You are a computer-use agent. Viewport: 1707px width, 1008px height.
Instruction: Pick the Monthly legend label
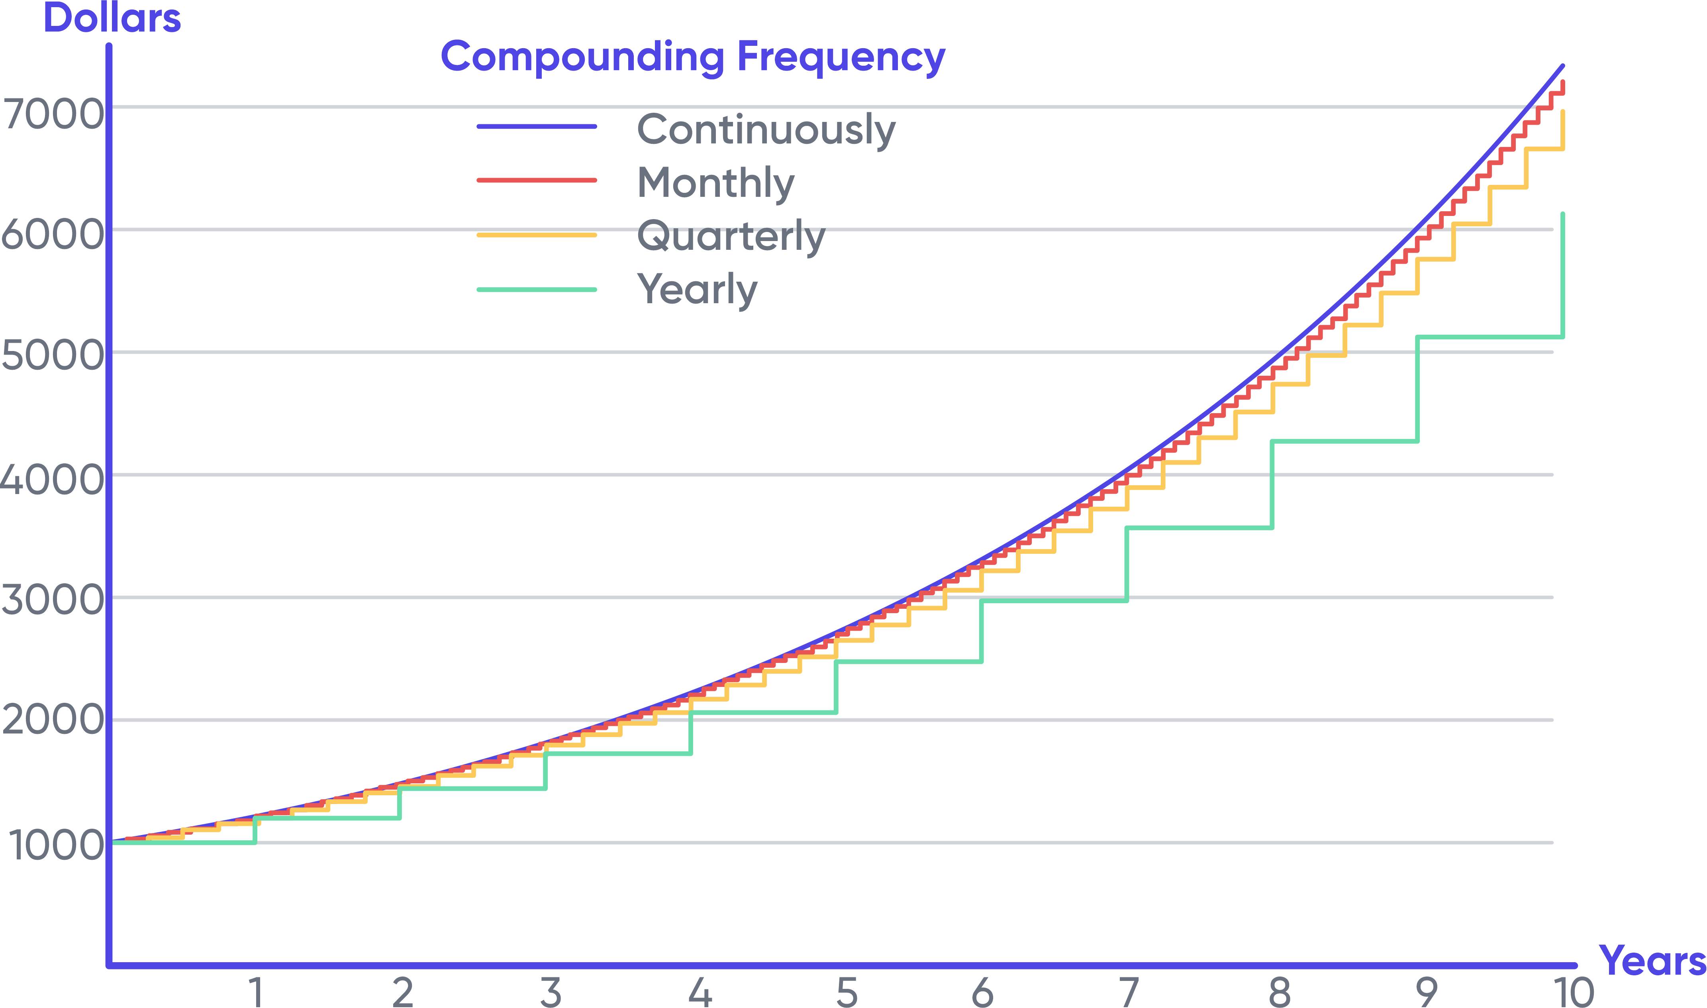tap(715, 183)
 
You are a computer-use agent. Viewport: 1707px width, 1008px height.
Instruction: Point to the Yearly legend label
tap(697, 289)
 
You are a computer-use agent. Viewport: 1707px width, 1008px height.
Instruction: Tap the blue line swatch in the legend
tap(537, 126)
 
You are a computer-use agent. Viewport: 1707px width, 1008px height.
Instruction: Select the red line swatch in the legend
tap(537, 180)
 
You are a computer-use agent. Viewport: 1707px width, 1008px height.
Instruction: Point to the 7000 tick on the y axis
tap(53, 114)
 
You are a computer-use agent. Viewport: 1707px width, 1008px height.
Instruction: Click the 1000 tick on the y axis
tap(56, 846)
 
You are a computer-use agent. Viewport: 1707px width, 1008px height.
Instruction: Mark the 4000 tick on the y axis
tap(53, 480)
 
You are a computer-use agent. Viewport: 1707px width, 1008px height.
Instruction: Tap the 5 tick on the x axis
tap(847, 992)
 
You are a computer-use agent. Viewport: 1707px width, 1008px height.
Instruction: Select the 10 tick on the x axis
tap(1573, 992)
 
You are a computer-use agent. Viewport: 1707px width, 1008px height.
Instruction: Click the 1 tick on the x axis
tap(256, 992)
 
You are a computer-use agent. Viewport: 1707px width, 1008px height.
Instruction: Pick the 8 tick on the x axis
tap(1279, 992)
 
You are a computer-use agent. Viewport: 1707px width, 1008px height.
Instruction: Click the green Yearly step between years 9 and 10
tap(1490, 337)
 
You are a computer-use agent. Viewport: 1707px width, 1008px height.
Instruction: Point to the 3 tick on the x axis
tap(551, 992)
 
